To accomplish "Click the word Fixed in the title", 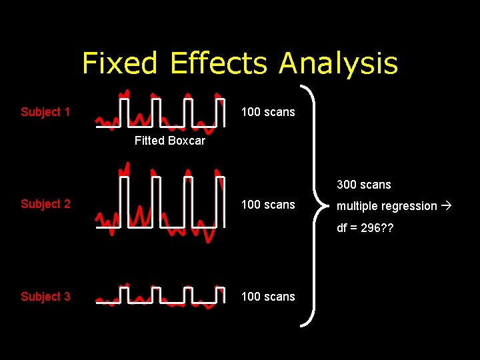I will [121, 64].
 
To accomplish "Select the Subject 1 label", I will [45, 112].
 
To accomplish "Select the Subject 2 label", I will [45, 204].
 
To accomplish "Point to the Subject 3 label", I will [45, 297].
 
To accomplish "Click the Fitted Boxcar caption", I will [169, 141].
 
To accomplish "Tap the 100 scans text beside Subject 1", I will [267, 112].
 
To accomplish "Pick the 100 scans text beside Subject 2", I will [267, 204].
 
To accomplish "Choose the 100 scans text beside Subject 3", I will [267, 297].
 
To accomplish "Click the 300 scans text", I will [364, 184].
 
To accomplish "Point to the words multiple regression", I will [387, 206].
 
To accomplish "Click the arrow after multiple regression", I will [446, 205].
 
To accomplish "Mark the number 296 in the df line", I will [372, 227].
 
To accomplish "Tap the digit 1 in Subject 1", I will [67, 112].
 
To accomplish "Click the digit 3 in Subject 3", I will [67, 297].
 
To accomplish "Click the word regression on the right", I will [408, 207].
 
